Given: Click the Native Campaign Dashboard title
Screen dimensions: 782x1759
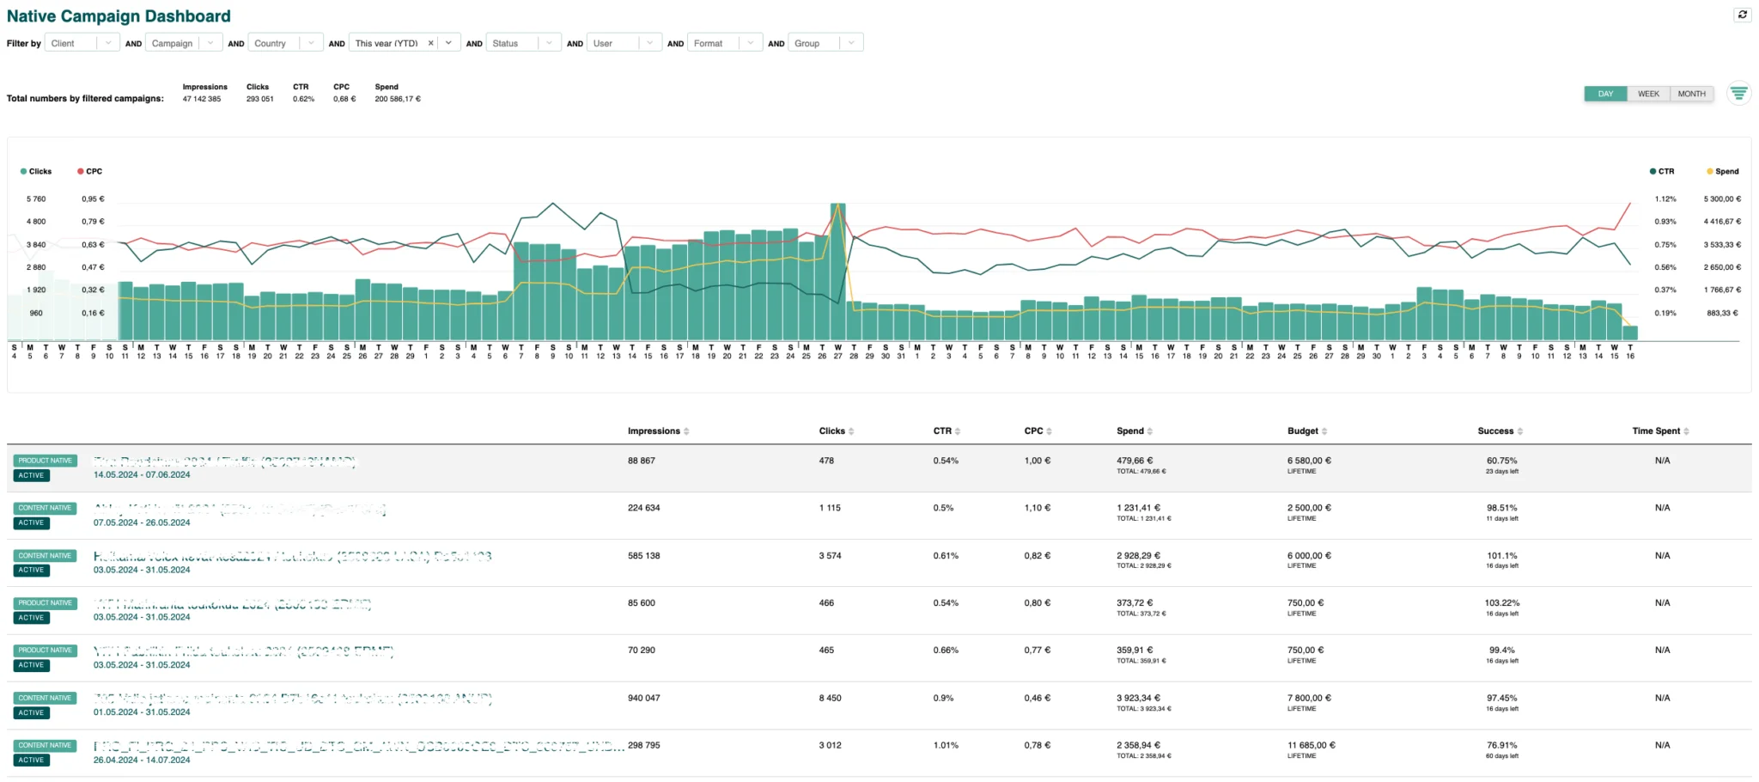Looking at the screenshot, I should pyautogui.click(x=119, y=16).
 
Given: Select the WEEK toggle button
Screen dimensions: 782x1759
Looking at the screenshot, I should pyautogui.click(x=1648, y=94).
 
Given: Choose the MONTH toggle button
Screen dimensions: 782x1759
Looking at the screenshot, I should pyautogui.click(x=1691, y=94).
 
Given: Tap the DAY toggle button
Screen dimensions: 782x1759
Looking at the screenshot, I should pyautogui.click(x=1605, y=94).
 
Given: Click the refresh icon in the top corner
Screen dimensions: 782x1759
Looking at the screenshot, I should pyautogui.click(x=1742, y=15).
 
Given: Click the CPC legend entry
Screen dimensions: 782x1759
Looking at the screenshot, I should pyautogui.click(x=90, y=172).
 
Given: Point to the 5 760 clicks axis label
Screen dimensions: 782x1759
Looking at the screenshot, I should pyautogui.click(x=36, y=199).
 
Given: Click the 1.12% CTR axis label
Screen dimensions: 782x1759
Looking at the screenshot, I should pyautogui.click(x=1665, y=199).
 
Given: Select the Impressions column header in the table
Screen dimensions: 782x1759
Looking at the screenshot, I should pyautogui.click(x=654, y=431).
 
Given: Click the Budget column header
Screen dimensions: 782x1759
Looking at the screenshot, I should pyautogui.click(x=1303, y=431).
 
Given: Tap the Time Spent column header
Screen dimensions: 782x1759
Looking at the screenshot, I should pyautogui.click(x=1656, y=431).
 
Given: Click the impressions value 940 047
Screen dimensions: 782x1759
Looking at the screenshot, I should pyautogui.click(x=644, y=699).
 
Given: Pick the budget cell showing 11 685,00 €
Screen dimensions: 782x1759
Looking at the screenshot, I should pyautogui.click(x=1311, y=746).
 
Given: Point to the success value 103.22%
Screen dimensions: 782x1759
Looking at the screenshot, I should pyautogui.click(x=1502, y=603).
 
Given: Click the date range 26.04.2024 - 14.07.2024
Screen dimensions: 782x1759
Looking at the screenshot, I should pyautogui.click(x=142, y=761).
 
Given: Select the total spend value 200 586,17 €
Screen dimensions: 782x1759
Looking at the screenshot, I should pyautogui.click(x=397, y=100).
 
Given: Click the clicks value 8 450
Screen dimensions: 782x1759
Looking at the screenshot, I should pyautogui.click(x=830, y=699).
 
